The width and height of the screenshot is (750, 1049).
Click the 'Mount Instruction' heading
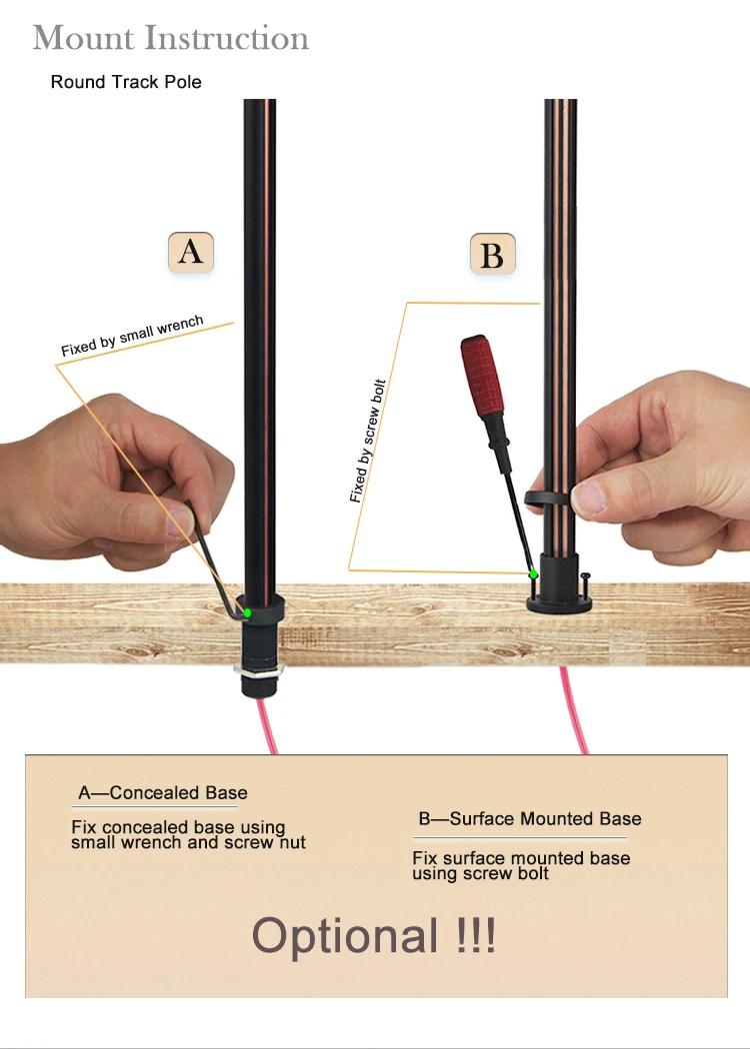pyautogui.click(x=171, y=39)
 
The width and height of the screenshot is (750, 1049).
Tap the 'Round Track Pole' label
pyautogui.click(x=126, y=82)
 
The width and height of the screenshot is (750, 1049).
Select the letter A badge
pyautogui.click(x=190, y=252)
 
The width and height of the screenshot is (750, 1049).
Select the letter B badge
pyautogui.click(x=492, y=255)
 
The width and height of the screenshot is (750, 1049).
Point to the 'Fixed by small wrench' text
pyautogui.click(x=132, y=336)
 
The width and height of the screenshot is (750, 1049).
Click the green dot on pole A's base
pyautogui.click(x=247, y=612)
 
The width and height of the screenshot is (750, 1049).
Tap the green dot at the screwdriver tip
pyautogui.click(x=533, y=574)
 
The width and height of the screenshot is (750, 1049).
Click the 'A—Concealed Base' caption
pyautogui.click(x=163, y=793)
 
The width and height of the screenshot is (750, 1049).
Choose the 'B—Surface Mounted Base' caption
pyautogui.click(x=529, y=819)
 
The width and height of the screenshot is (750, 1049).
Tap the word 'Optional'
pyautogui.click(x=345, y=936)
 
